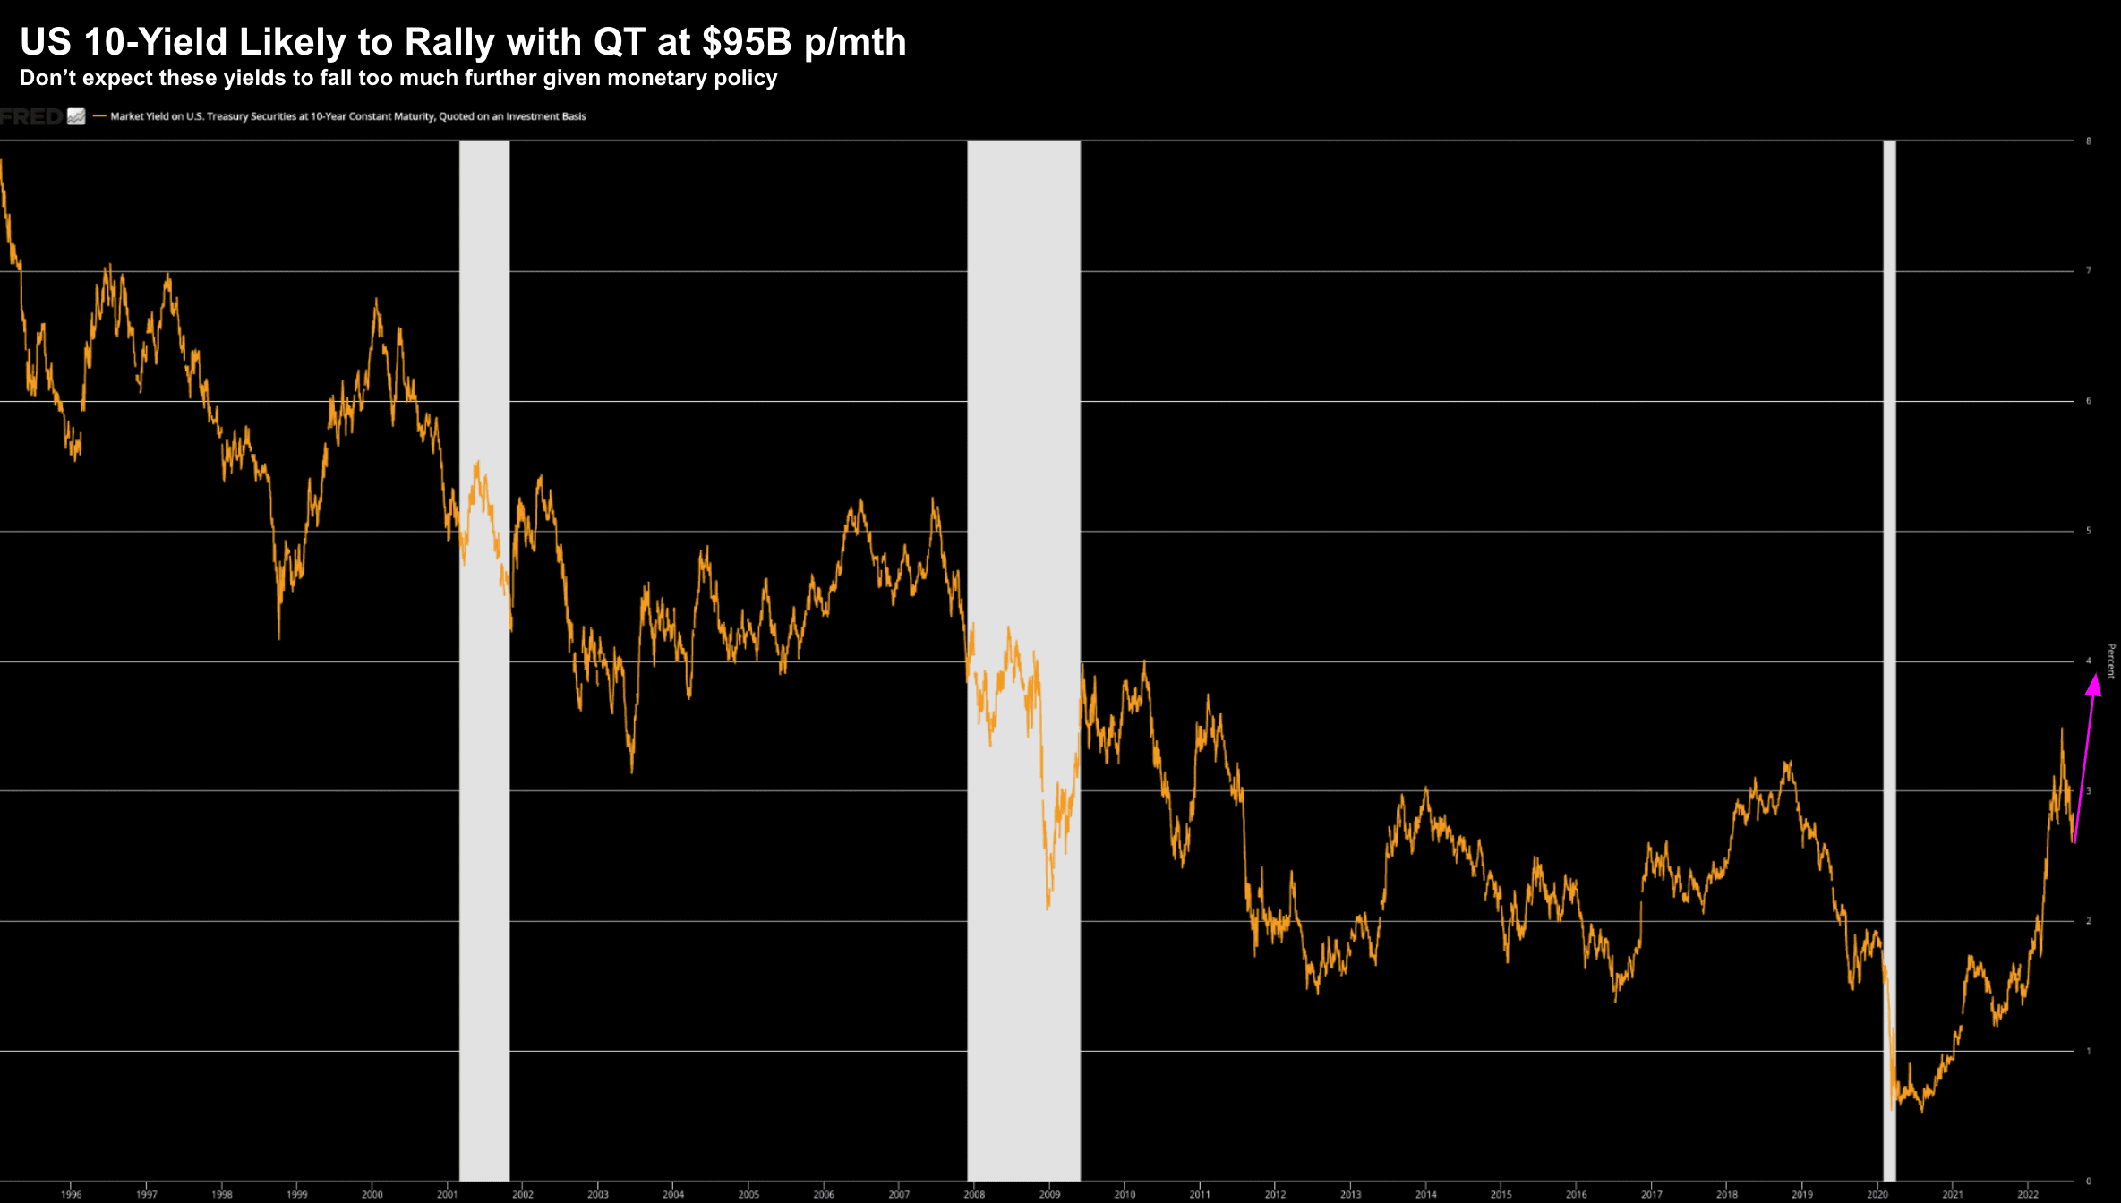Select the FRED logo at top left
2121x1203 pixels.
(x=32, y=116)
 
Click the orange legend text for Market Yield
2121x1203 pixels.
(x=347, y=116)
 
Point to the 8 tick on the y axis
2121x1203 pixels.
(x=2089, y=141)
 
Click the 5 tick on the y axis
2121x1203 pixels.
(x=2089, y=531)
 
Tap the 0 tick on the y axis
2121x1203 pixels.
(x=2089, y=1181)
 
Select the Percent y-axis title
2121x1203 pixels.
(x=2110, y=661)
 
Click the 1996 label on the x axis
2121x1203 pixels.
(x=71, y=1194)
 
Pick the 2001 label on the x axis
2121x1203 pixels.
(x=447, y=1194)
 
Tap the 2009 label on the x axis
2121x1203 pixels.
(x=1049, y=1194)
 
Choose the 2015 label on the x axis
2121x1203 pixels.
(x=1501, y=1194)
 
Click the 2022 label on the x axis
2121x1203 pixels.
(x=2027, y=1194)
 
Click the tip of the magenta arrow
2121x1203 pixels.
(x=2095, y=677)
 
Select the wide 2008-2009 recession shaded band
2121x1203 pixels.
(x=1023, y=448)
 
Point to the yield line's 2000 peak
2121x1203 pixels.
(x=376, y=300)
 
